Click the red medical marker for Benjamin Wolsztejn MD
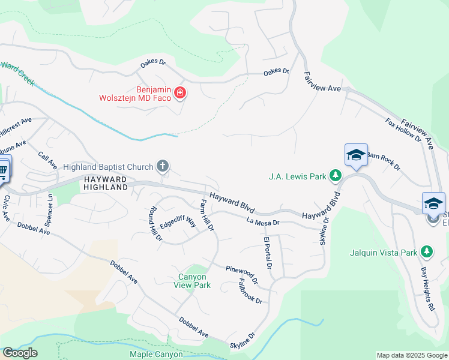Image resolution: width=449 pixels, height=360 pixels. click(x=179, y=92)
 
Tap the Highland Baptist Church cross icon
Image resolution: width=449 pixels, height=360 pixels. click(x=161, y=166)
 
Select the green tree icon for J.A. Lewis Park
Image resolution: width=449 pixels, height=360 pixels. click(x=336, y=176)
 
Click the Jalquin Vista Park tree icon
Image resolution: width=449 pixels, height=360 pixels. click(x=426, y=251)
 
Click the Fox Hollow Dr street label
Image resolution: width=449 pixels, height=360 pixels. click(x=403, y=130)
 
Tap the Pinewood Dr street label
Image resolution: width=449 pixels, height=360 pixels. click(x=242, y=274)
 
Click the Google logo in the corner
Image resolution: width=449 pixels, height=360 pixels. click(x=20, y=353)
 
